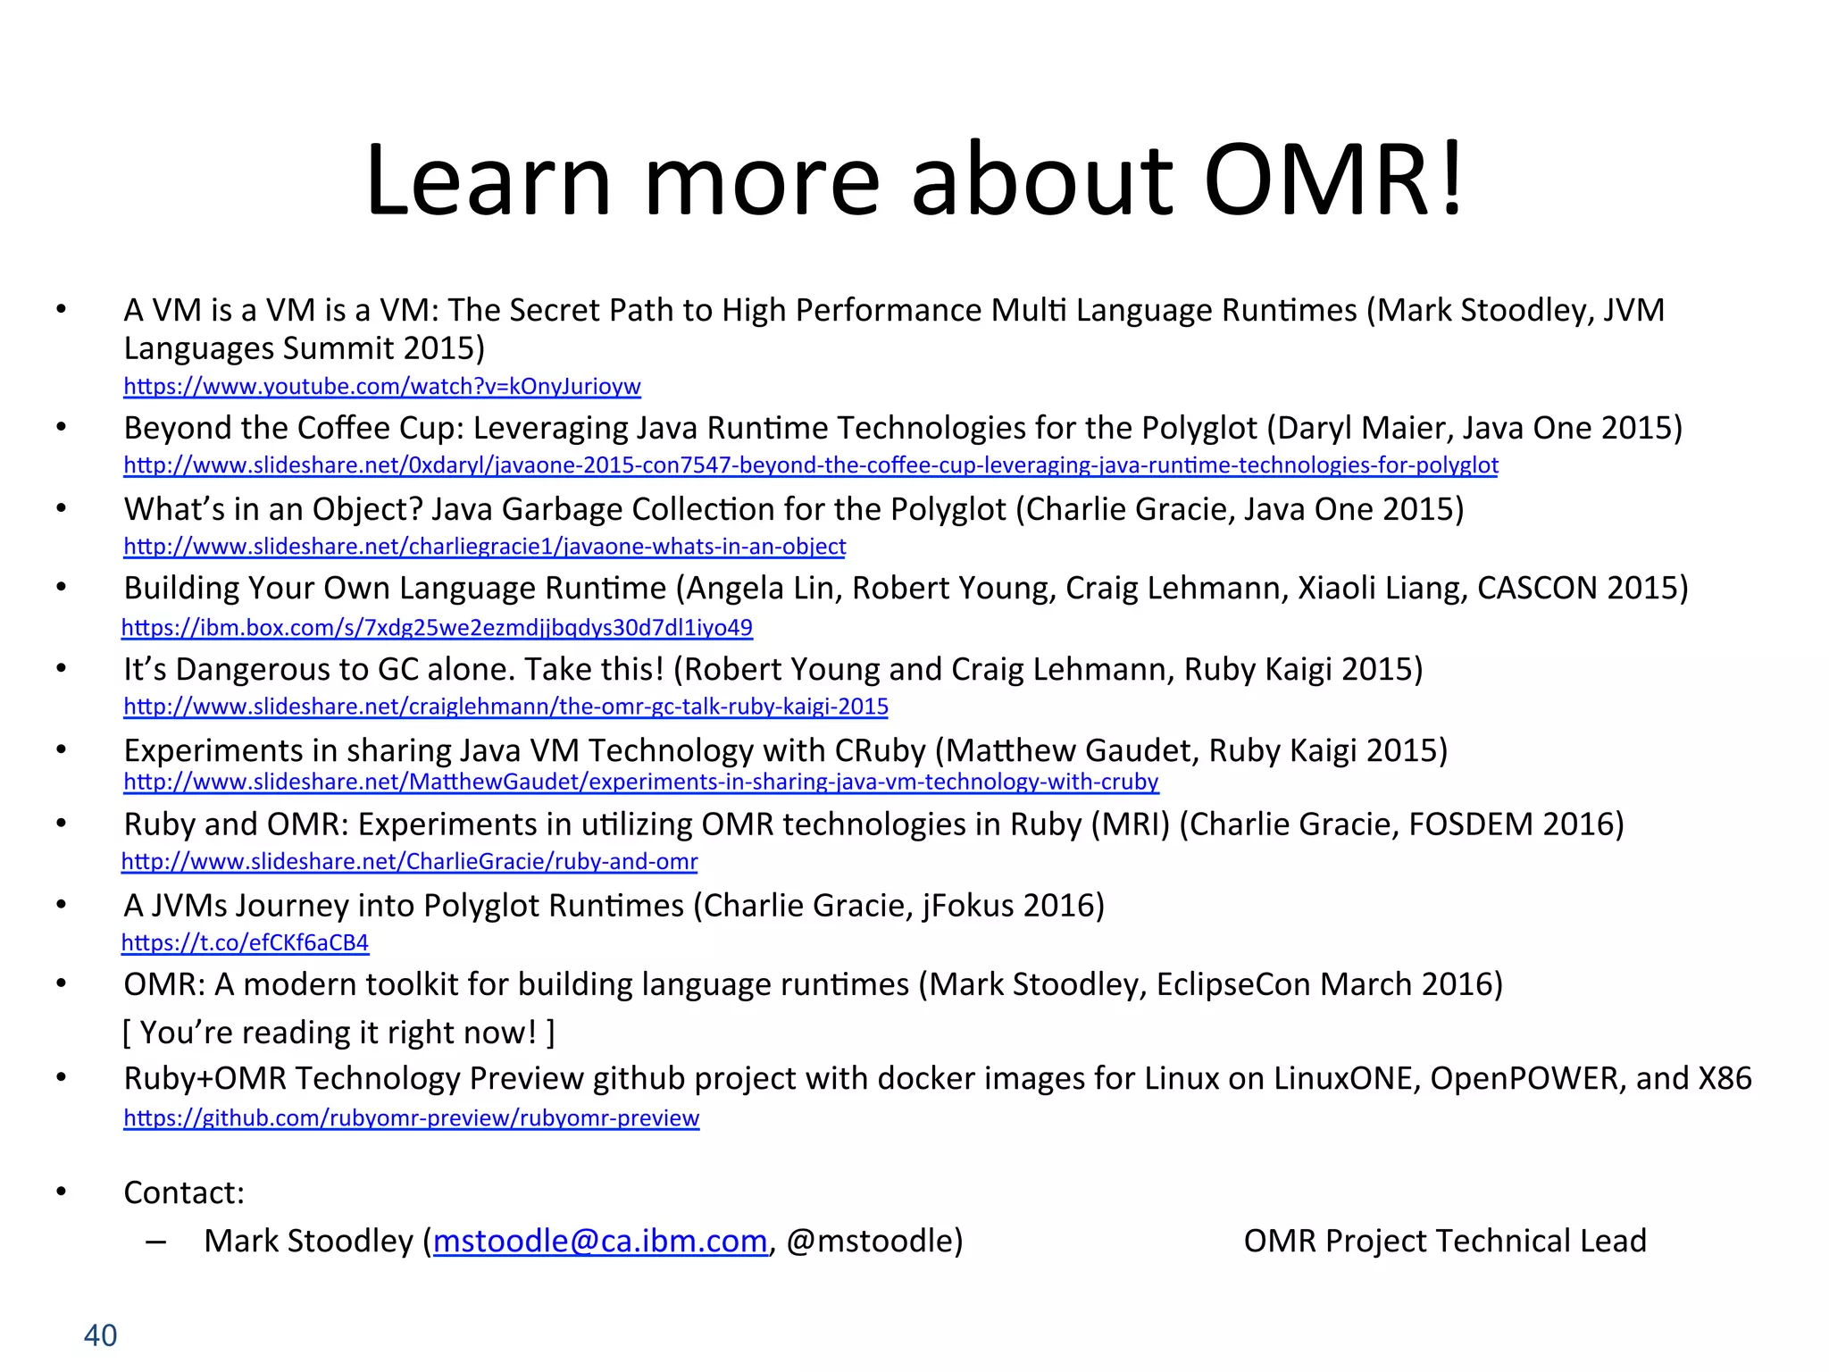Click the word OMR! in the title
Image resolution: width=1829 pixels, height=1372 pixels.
1332,181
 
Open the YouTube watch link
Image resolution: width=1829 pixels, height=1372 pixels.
382,387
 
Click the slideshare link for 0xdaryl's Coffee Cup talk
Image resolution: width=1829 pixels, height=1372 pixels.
810,465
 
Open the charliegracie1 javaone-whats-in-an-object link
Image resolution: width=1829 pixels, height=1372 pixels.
484,547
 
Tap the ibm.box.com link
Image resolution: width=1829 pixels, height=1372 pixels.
437,628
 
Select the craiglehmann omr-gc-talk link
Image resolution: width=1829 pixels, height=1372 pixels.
505,707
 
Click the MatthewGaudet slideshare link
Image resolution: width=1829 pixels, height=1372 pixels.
640,782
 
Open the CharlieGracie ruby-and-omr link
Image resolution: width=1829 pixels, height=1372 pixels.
409,862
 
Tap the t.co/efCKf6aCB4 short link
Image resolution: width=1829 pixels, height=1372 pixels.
245,943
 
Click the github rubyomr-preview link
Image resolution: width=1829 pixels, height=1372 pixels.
411,1118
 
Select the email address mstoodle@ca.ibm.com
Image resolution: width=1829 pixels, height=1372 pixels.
600,1242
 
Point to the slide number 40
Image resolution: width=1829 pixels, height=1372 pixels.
100,1335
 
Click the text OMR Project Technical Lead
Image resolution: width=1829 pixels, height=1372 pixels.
1444,1242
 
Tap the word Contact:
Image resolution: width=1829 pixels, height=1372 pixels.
184,1193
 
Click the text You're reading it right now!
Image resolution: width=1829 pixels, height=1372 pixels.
338,1033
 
